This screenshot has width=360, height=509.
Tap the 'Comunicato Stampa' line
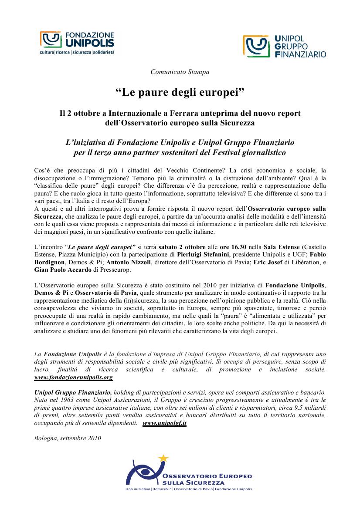click(180, 72)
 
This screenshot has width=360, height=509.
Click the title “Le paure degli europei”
click(180, 92)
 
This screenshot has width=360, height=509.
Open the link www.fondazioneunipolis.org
click(74, 378)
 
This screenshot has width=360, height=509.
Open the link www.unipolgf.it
click(164, 423)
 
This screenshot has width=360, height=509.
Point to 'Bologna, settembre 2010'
click(67, 438)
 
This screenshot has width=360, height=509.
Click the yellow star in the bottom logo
click(163, 458)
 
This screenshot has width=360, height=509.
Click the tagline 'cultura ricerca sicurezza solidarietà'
click(77, 52)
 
